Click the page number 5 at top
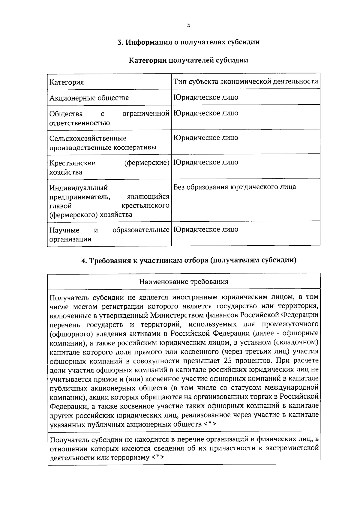tap(188, 25)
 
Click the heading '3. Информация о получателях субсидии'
tap(188, 42)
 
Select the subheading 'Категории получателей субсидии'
tap(188, 60)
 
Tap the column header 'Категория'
tap(67, 82)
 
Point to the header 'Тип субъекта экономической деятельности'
tap(246, 81)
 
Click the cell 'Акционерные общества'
tap(89, 98)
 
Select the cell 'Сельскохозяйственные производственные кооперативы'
tap(103, 143)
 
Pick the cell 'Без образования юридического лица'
tap(235, 187)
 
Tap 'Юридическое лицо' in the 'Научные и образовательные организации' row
tap(206, 229)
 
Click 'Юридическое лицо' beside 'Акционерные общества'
tap(206, 97)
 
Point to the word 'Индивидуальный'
tap(79, 188)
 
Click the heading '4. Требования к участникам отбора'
tap(189, 260)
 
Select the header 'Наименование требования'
tap(184, 282)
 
